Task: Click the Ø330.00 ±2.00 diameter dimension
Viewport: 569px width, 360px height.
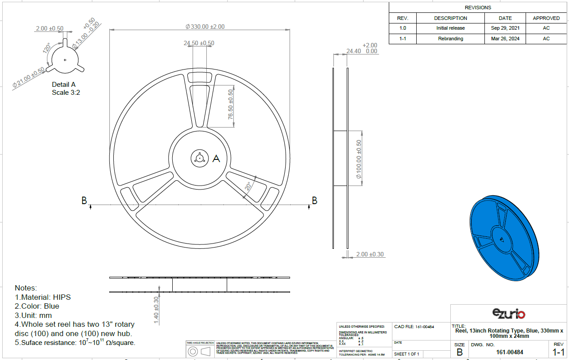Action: (x=205, y=27)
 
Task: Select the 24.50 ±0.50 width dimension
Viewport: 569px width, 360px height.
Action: (x=199, y=43)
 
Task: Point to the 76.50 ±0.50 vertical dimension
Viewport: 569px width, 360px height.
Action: (x=230, y=105)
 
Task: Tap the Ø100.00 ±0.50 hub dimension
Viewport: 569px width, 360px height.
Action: (x=359, y=159)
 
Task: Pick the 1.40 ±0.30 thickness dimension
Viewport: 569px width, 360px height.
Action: (x=156, y=310)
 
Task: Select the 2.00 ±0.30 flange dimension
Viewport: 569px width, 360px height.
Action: (x=370, y=254)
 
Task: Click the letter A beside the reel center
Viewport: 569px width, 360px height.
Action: (x=216, y=159)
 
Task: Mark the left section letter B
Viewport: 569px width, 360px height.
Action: (x=84, y=201)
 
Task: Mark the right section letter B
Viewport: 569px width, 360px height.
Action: (x=314, y=201)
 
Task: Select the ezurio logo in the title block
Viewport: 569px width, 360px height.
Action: (x=509, y=314)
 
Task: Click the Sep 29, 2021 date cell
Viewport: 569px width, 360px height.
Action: (x=505, y=28)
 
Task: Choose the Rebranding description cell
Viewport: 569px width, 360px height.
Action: (x=450, y=39)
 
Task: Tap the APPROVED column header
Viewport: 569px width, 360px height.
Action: (x=546, y=18)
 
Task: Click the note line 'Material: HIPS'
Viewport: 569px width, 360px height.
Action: (x=43, y=297)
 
